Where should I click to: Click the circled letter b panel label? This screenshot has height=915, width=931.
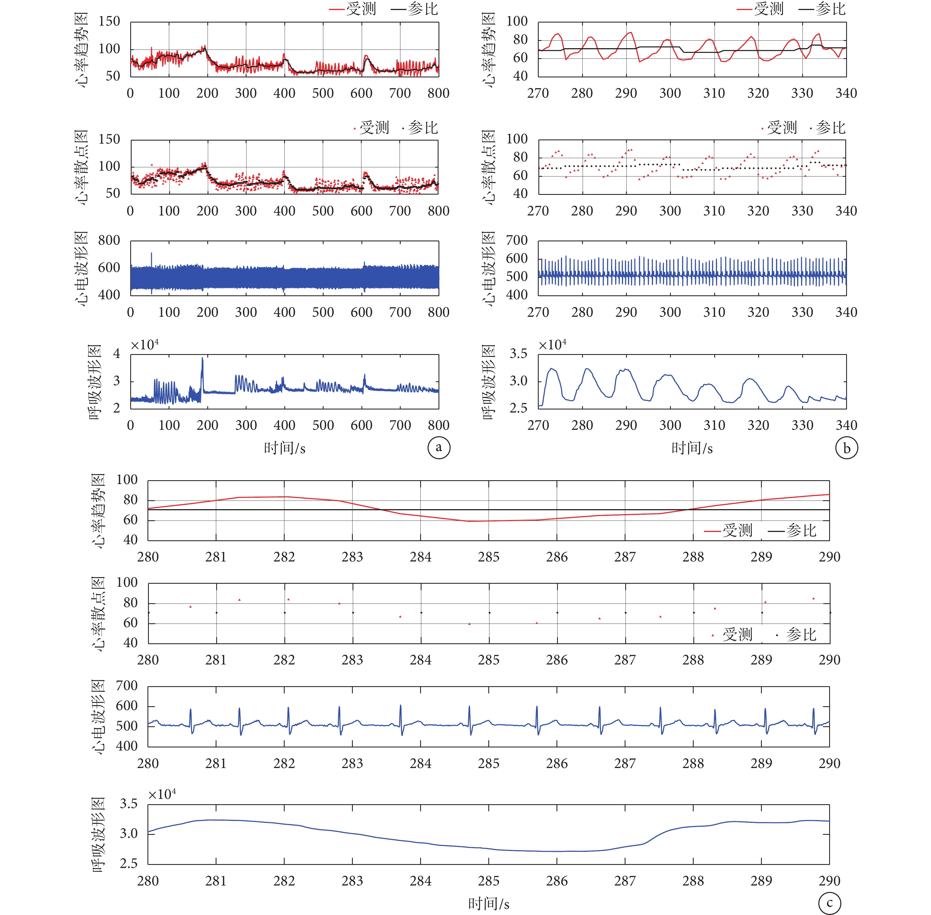pos(846,448)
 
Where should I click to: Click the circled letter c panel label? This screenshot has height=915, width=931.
pos(830,903)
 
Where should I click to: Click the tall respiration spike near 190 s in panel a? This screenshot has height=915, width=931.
pos(202,359)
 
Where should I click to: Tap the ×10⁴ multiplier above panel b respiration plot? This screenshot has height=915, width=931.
pos(553,345)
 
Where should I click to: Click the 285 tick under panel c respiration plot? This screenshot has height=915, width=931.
pos(489,881)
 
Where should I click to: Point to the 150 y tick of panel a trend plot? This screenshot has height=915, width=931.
pos(109,21)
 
